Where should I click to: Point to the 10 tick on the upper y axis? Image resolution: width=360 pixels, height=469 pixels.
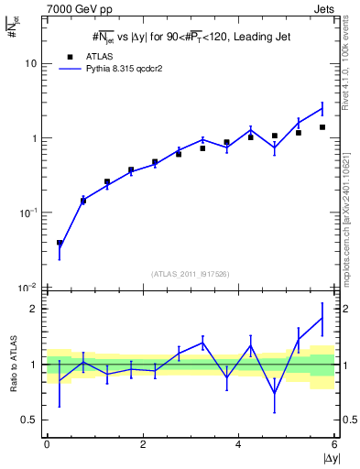[30, 64]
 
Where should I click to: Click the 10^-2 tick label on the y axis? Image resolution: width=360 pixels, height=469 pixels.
[27, 287]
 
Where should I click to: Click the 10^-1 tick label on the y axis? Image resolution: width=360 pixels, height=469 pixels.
[27, 213]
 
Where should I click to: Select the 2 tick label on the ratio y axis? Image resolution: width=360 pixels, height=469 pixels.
[33, 309]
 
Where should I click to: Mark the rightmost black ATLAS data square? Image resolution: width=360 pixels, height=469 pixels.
[322, 127]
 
